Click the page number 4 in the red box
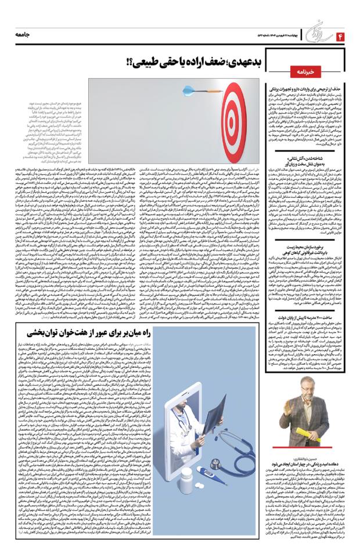340,36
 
